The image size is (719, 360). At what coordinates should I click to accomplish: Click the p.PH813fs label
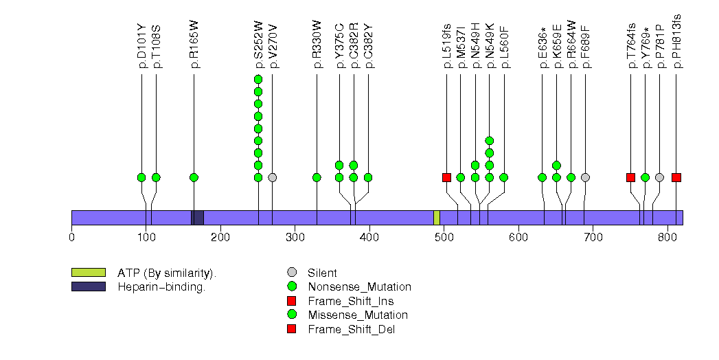click(x=676, y=44)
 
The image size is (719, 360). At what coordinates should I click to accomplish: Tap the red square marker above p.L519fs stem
click(x=446, y=177)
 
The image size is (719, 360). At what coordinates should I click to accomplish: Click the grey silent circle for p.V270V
click(x=273, y=177)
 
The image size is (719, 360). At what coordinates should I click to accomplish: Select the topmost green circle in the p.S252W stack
click(x=258, y=80)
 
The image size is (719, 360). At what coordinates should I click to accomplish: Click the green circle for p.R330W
click(x=317, y=177)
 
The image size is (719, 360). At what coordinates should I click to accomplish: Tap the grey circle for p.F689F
click(x=585, y=177)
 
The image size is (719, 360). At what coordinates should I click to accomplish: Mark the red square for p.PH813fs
click(x=676, y=177)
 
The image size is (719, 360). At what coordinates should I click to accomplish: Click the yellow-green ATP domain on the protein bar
click(x=437, y=218)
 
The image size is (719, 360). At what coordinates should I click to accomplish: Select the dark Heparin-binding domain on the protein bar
click(x=197, y=218)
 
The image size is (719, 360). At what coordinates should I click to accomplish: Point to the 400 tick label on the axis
click(x=369, y=237)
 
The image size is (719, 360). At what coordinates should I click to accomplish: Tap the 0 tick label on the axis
click(x=71, y=237)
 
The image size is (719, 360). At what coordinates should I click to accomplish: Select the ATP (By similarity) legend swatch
click(x=88, y=273)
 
